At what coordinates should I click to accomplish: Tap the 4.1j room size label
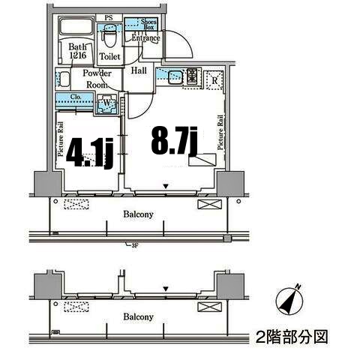(x=89, y=152)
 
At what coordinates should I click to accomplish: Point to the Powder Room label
(x=97, y=78)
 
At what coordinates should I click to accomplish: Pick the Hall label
(x=139, y=70)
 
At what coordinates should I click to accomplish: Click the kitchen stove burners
(x=192, y=76)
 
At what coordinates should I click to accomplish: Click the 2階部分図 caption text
(x=292, y=336)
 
